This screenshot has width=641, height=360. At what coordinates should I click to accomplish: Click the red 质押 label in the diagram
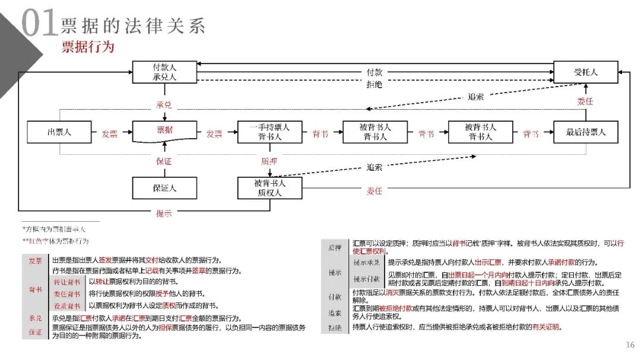(269, 161)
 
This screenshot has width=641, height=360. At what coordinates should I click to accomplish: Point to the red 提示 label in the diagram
(164, 214)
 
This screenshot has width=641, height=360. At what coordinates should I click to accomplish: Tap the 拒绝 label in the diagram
(375, 84)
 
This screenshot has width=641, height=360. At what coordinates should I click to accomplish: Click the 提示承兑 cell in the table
(366, 262)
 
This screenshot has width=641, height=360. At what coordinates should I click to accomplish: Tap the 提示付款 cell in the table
(366, 279)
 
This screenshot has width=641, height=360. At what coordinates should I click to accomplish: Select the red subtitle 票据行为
(88, 46)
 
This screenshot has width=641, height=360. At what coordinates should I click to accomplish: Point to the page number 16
(630, 345)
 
